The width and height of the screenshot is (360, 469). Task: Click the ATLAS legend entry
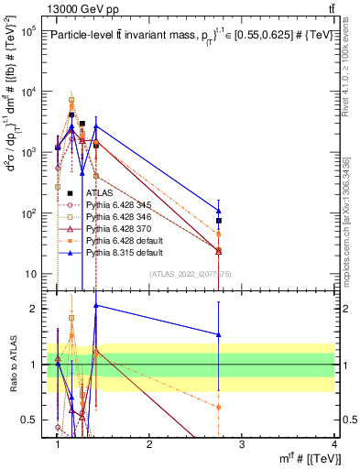[x=99, y=193]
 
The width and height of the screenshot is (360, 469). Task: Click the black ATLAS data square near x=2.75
[x=219, y=221]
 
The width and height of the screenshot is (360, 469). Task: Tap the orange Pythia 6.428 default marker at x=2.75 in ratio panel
[x=219, y=407]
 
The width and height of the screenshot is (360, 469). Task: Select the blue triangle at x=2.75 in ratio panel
[x=219, y=334]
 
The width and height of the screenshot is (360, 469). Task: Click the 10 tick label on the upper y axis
[x=31, y=274]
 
